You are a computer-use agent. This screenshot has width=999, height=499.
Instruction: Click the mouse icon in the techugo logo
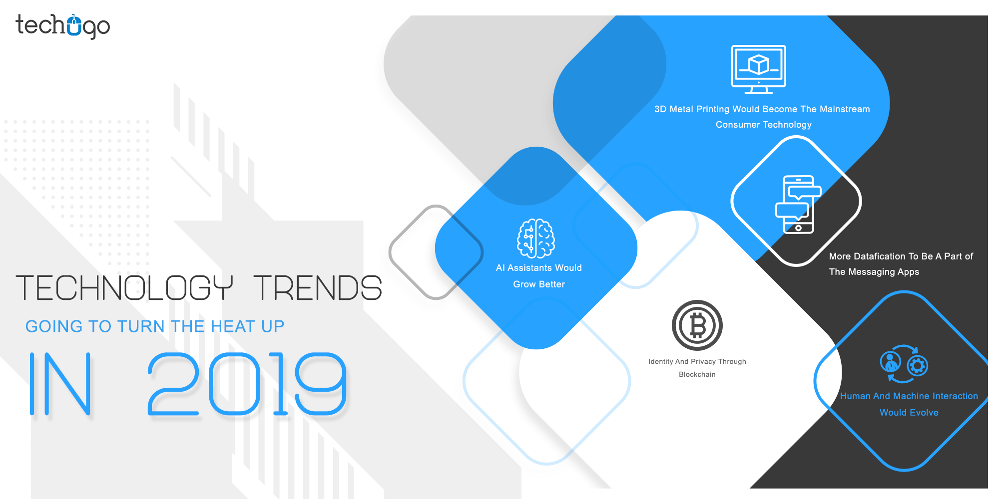[x=74, y=25]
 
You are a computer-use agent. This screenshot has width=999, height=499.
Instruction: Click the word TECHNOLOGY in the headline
[x=124, y=288]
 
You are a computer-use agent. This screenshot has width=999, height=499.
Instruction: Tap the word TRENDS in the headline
[x=318, y=288]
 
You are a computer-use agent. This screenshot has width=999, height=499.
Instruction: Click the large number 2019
[x=247, y=384]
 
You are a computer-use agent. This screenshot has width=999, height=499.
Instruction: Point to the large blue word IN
[x=60, y=384]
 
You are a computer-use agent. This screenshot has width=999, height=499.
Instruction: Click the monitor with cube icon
[x=758, y=69]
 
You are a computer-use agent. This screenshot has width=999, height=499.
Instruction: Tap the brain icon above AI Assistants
[x=536, y=239]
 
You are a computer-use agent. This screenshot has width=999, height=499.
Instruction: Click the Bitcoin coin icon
[x=697, y=325]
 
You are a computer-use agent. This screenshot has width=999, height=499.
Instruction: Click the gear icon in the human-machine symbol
[x=917, y=366]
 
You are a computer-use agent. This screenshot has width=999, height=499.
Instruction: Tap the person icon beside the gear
[x=890, y=362]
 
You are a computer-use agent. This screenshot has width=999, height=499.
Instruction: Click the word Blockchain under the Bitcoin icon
[x=697, y=374]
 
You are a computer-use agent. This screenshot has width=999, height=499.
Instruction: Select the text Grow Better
[x=538, y=284]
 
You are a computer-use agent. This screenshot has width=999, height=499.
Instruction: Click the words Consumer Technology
[x=763, y=124]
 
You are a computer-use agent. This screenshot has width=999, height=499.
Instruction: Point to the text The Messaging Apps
[x=874, y=272]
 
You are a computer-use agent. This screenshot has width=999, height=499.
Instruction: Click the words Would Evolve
[x=909, y=413]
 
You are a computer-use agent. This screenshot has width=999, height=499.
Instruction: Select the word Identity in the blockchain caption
[x=660, y=361]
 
